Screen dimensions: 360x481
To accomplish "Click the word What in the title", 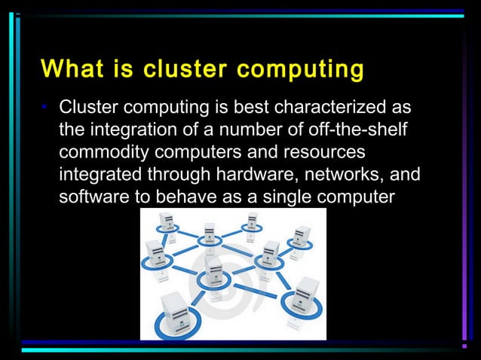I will click(x=69, y=69).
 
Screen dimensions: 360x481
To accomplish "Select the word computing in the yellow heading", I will click(x=301, y=69).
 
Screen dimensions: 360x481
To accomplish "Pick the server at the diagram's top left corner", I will click(x=165, y=222).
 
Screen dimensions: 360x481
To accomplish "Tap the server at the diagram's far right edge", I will click(x=302, y=236).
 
